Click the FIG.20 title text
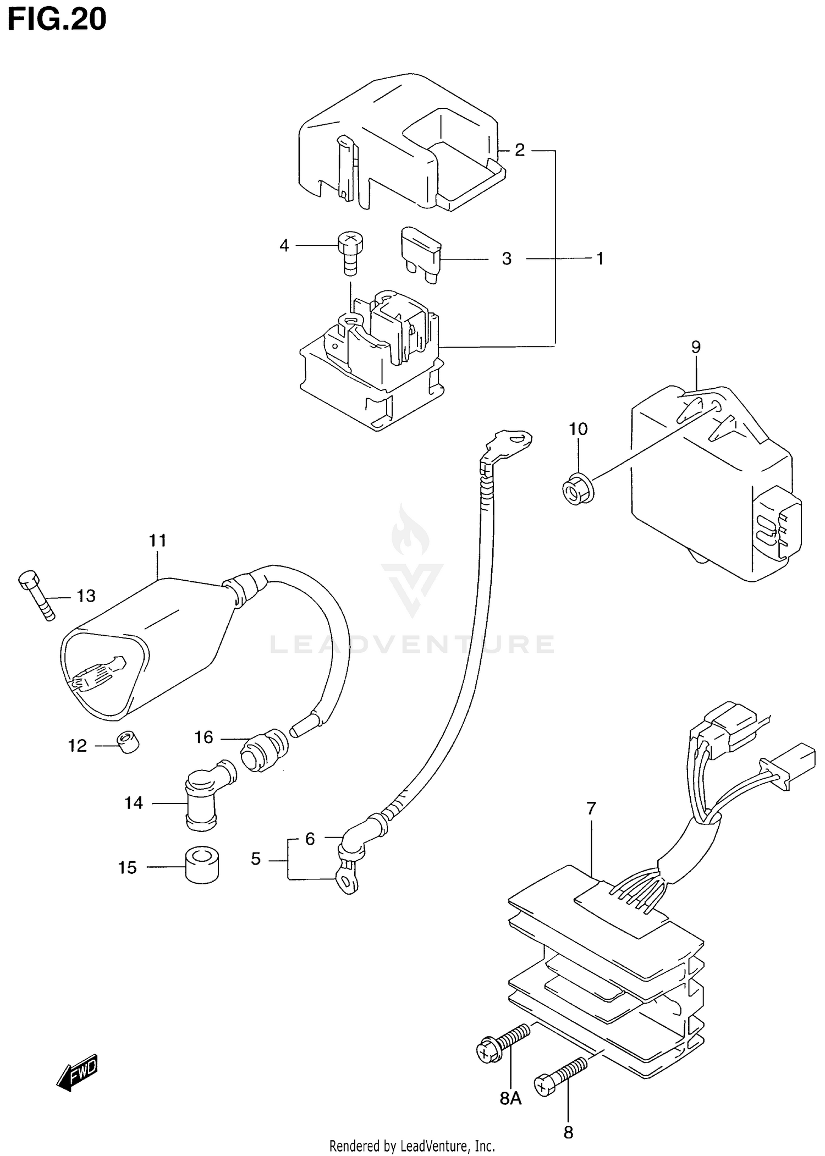pos(57,20)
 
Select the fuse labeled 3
pos(422,255)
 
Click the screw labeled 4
pos(350,252)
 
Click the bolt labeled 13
pos(37,594)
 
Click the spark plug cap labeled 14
pos(205,797)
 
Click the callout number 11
pos(157,541)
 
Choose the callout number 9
pos(696,347)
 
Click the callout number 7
pos(591,809)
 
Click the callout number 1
pos(600,258)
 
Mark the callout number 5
pos(256,859)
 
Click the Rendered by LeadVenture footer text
pos(412,1146)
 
